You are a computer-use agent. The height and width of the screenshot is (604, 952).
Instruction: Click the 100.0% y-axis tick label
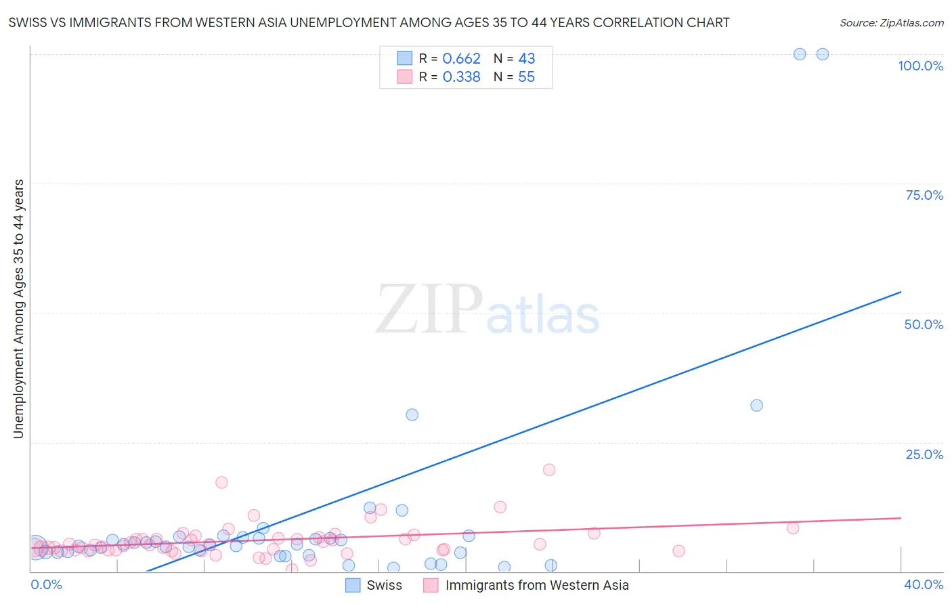[x=920, y=66]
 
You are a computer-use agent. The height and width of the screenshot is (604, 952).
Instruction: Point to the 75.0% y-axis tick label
[x=924, y=195]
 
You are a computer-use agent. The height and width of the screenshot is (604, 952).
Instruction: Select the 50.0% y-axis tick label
[x=924, y=324]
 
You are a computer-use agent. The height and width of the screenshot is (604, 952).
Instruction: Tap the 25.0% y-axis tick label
[x=924, y=454]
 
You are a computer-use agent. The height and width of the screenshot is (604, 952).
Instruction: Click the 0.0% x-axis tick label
[x=46, y=584]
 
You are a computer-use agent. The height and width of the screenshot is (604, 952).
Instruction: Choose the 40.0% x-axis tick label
[x=923, y=584]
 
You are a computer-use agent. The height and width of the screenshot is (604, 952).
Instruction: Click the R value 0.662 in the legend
[x=461, y=59]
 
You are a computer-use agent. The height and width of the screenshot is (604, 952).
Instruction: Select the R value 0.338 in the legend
[x=461, y=77]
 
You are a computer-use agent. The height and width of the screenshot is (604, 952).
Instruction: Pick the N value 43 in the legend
[x=526, y=59]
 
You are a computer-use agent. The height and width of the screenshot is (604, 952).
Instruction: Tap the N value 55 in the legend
[x=526, y=77]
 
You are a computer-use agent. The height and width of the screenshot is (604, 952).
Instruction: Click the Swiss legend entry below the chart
[x=384, y=585]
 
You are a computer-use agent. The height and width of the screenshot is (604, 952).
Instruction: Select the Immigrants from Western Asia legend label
[x=536, y=585]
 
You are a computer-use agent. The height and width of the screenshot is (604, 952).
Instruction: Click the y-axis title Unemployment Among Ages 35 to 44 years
[x=18, y=309]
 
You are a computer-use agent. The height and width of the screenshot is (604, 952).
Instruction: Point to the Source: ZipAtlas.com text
[x=891, y=23]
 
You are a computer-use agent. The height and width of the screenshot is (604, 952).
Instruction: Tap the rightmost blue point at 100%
[x=822, y=54]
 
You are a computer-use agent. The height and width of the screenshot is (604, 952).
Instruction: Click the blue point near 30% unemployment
[x=412, y=414]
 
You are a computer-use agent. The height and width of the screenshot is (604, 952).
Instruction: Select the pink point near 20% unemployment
[x=549, y=469]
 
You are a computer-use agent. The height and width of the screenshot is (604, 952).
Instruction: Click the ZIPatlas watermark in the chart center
[x=488, y=310]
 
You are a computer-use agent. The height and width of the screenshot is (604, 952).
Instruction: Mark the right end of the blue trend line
[x=901, y=292]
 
